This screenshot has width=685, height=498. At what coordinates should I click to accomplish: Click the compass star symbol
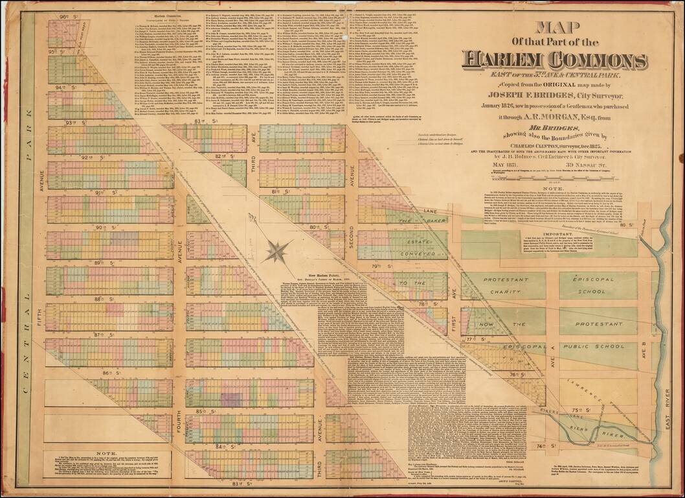point(277,250)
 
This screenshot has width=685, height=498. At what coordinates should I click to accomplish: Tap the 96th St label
point(66,16)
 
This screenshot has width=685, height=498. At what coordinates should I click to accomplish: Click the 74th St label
point(542,447)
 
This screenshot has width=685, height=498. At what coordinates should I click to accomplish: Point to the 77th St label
point(480,339)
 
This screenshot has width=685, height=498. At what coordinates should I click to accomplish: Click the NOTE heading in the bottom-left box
point(105,454)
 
